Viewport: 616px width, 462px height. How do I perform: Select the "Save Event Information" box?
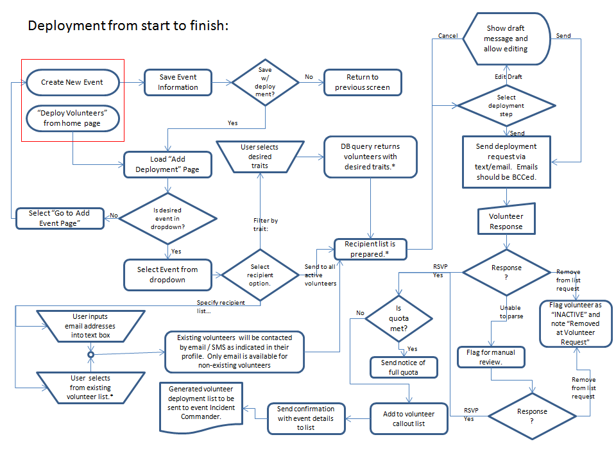178,82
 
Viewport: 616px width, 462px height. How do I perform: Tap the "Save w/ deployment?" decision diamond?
265,81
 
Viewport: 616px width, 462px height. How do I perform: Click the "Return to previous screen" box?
363,82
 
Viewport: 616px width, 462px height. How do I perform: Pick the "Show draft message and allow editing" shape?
506,38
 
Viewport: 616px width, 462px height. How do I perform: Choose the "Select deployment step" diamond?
506,105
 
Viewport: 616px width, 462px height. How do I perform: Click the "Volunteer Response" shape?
506,221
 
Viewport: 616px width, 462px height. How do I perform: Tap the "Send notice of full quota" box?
403,367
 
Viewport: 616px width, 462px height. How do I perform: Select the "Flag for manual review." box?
491,357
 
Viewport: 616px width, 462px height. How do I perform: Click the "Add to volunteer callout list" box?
408,418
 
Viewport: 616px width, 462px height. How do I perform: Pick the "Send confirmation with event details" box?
305,418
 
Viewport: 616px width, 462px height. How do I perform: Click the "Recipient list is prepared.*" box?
370,249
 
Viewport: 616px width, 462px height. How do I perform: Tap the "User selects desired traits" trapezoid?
260,157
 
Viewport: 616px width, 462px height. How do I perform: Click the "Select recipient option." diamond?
260,275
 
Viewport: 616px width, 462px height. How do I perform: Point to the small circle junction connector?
90,354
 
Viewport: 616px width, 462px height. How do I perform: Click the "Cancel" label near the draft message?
447,36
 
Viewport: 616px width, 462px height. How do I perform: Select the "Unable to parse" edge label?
510,312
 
